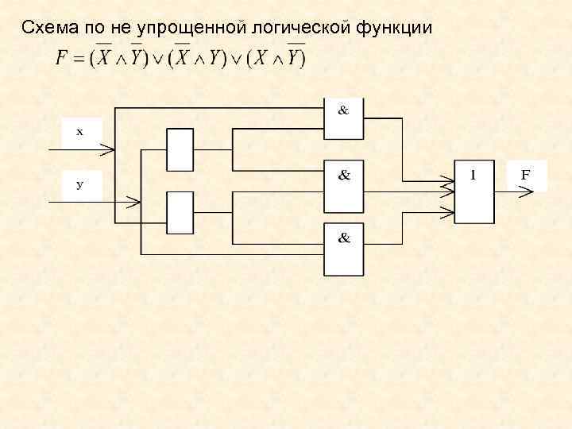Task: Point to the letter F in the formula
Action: point(62,59)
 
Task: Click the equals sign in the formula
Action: point(79,60)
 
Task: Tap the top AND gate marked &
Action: point(344,118)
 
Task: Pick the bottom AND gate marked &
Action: point(344,249)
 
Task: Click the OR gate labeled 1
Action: point(474,189)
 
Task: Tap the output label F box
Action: point(525,176)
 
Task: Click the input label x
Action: point(79,133)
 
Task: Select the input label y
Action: point(79,185)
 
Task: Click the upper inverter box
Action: point(180,149)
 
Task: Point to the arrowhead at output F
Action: point(528,190)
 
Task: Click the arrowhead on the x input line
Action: point(110,148)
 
